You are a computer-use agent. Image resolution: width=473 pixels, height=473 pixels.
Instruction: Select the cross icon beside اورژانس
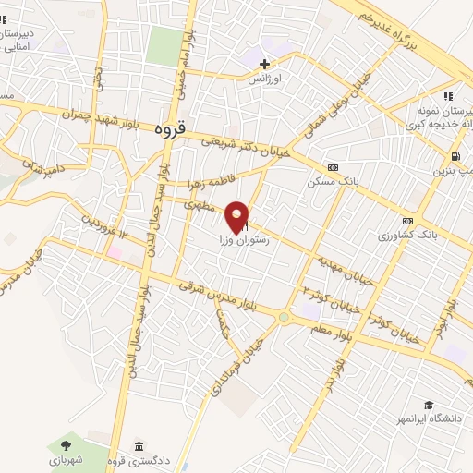[265, 64]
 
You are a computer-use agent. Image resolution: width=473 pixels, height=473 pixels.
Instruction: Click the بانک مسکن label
[333, 183]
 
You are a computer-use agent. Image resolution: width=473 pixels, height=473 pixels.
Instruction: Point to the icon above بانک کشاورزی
[407, 221]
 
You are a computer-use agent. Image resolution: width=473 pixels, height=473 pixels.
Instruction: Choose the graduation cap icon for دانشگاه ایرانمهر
[429, 405]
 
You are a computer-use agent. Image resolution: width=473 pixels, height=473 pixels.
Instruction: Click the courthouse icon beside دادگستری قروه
[139, 446]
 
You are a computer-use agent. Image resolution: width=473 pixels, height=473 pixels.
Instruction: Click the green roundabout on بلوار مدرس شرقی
[284, 318]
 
